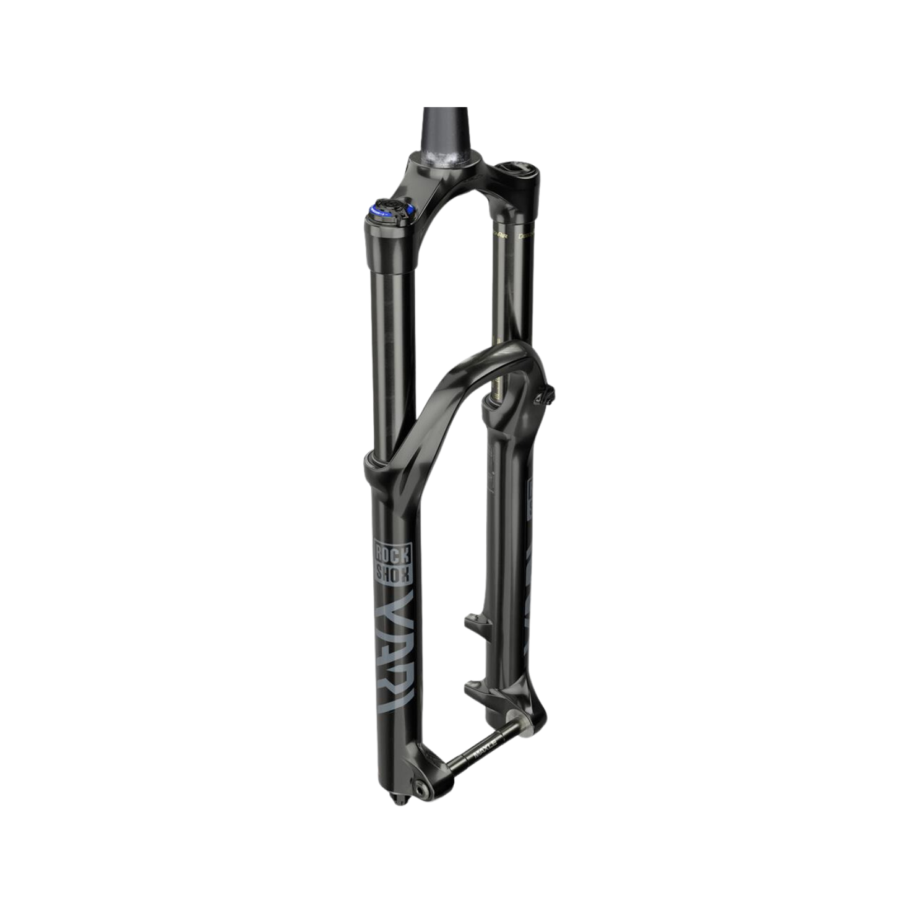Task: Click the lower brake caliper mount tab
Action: pyautogui.click(x=475, y=685)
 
